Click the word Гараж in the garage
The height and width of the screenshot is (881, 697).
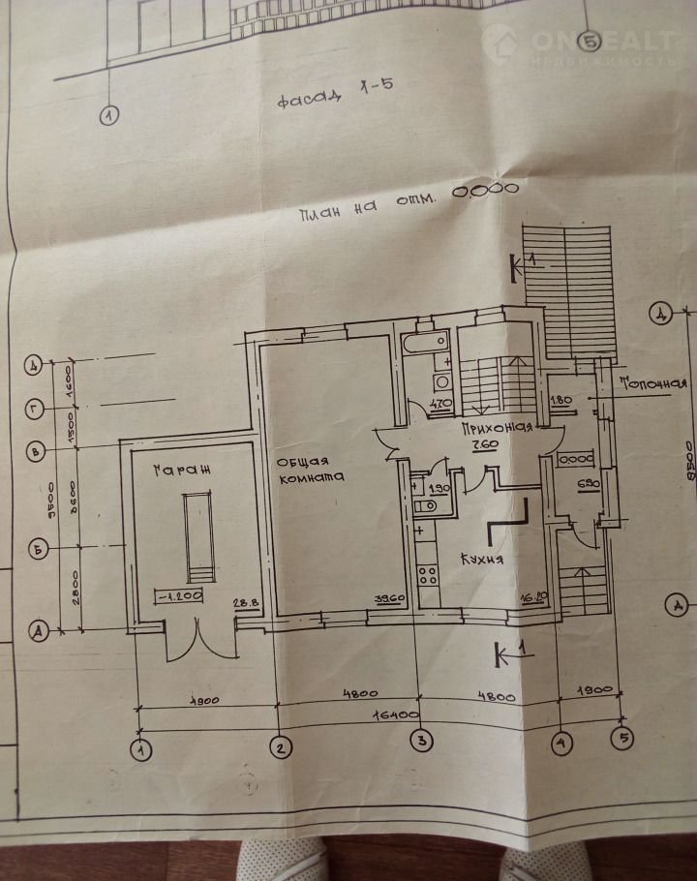pyautogui.click(x=180, y=471)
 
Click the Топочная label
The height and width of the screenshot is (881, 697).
pyautogui.click(x=653, y=382)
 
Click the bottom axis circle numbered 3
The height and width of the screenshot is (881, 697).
pyautogui.click(x=421, y=744)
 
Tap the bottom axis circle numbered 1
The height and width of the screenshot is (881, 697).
pyautogui.click(x=142, y=748)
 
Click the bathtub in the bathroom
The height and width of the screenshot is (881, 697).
pyautogui.click(x=425, y=342)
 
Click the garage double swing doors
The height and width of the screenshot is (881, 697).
pyautogui.click(x=198, y=636)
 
